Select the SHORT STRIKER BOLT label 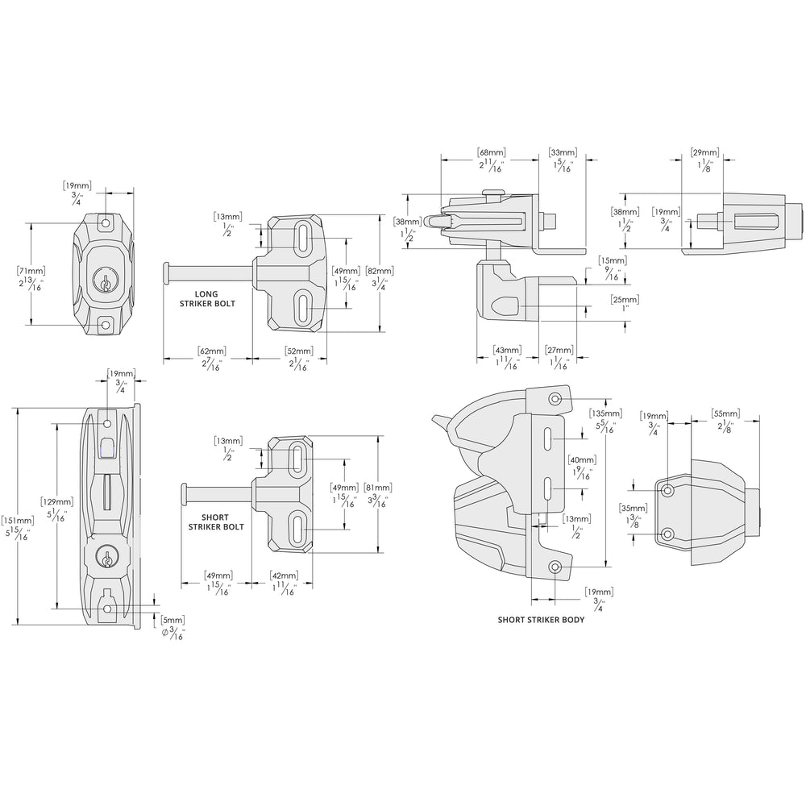click(x=215, y=521)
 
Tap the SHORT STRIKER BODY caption click(x=541, y=620)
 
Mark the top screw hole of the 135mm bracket click(x=555, y=399)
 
